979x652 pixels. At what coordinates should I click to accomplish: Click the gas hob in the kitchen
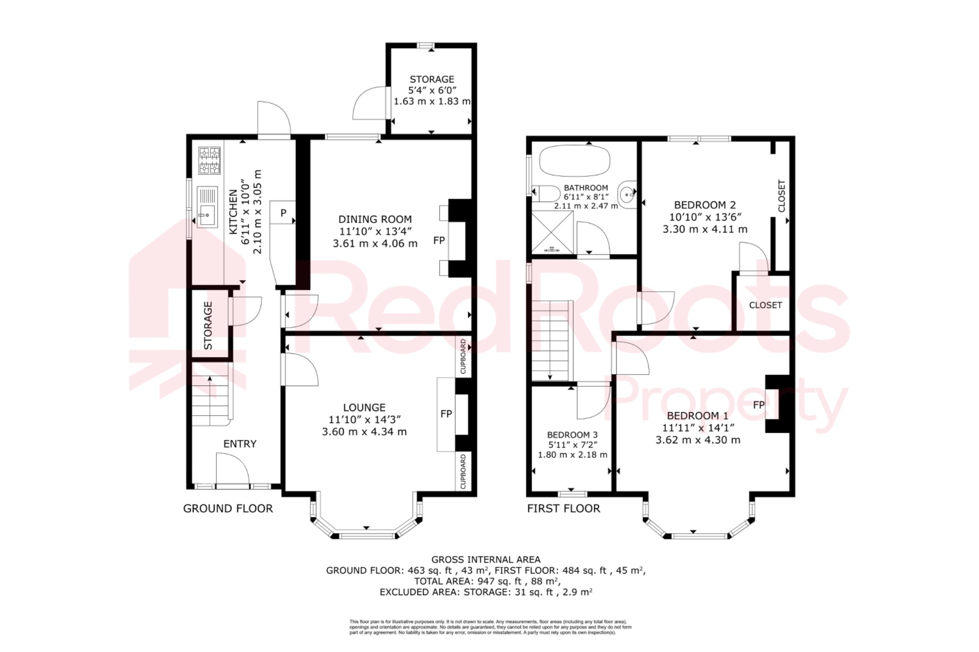(x=209, y=160)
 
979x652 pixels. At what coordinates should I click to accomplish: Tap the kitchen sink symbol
(x=207, y=206)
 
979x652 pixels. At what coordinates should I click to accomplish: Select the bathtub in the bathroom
(x=575, y=161)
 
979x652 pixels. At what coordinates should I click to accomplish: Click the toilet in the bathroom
(x=546, y=194)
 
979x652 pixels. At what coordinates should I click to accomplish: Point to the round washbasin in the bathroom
(x=627, y=195)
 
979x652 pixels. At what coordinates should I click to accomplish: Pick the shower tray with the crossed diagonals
(x=553, y=232)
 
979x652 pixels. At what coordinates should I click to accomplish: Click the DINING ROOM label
(x=375, y=219)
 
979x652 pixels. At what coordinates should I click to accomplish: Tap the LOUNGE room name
(x=364, y=407)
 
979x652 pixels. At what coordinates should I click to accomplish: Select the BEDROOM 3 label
(x=572, y=435)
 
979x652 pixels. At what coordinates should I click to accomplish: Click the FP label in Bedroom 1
(x=759, y=405)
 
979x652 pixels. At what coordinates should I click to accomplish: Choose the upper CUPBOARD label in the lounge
(x=463, y=357)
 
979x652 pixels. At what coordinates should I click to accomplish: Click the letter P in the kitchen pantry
(x=283, y=213)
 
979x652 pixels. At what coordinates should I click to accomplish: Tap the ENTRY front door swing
(x=233, y=470)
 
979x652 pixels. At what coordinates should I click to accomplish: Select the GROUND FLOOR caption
(x=228, y=509)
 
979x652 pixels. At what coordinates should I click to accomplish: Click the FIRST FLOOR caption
(x=563, y=509)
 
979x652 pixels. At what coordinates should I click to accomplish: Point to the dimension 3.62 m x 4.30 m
(x=697, y=440)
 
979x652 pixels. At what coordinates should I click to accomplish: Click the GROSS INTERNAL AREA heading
(x=486, y=559)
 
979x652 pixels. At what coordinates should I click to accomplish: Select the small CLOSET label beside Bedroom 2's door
(x=765, y=305)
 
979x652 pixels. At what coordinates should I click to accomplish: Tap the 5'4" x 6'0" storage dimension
(x=432, y=90)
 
